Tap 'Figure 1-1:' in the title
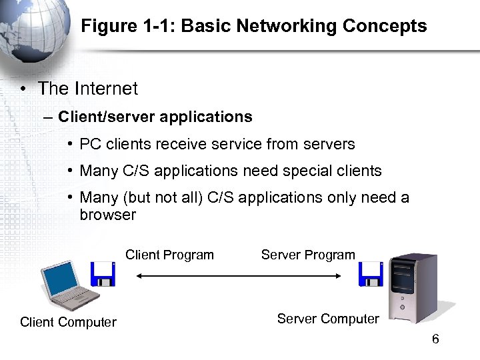pos(129,26)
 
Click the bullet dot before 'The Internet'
pos(23,89)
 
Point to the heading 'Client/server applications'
pos(155,117)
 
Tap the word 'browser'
pos(107,215)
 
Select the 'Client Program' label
pos(169,255)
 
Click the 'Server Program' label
pos(308,255)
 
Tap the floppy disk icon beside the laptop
pos(103,274)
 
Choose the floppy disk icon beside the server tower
pos(371,274)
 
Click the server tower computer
pos(412,287)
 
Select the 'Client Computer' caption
pos(68,323)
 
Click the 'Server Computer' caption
pos(328,319)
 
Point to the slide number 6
pos(435,339)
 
